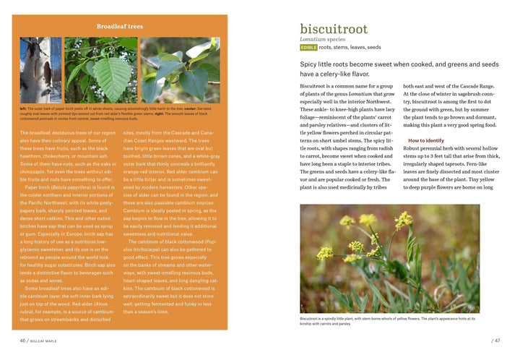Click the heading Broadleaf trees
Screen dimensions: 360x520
point(120,27)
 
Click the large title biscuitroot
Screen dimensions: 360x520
point(333,29)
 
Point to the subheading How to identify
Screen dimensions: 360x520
point(426,140)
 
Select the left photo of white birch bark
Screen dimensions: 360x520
point(41,70)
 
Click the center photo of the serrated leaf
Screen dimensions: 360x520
point(100,70)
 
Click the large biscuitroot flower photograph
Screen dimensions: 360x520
point(389,258)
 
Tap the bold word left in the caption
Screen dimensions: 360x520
point(23,108)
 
